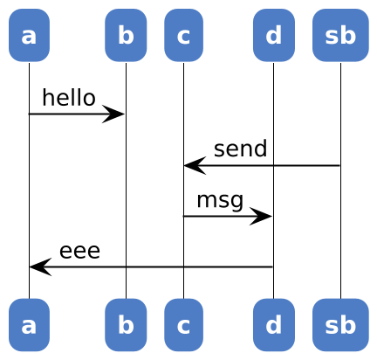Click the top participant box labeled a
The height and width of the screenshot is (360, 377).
tap(29, 35)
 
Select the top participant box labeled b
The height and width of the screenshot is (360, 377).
tap(126, 35)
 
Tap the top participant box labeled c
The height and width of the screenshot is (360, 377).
tap(183, 35)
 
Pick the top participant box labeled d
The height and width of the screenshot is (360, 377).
tap(274, 35)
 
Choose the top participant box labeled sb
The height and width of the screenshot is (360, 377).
tap(340, 35)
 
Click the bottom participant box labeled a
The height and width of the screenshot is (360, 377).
tap(29, 325)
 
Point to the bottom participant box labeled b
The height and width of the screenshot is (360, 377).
tap(126, 325)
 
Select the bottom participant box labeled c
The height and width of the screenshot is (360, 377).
tap(183, 325)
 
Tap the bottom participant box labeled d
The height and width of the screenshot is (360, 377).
tap(274, 325)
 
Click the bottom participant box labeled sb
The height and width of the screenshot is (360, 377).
tap(340, 325)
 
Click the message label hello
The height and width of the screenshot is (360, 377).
tap(69, 98)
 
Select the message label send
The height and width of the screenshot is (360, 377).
tap(240, 149)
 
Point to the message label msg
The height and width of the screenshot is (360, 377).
tap(220, 201)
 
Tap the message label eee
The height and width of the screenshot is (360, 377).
tap(79, 251)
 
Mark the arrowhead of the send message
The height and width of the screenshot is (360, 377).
tap(195, 165)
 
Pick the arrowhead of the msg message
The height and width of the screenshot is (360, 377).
tap(261, 216)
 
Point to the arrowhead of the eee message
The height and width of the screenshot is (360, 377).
tap(40, 267)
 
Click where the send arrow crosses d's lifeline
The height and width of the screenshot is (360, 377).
tap(273, 165)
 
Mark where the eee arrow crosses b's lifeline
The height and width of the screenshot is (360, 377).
tap(126, 267)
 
